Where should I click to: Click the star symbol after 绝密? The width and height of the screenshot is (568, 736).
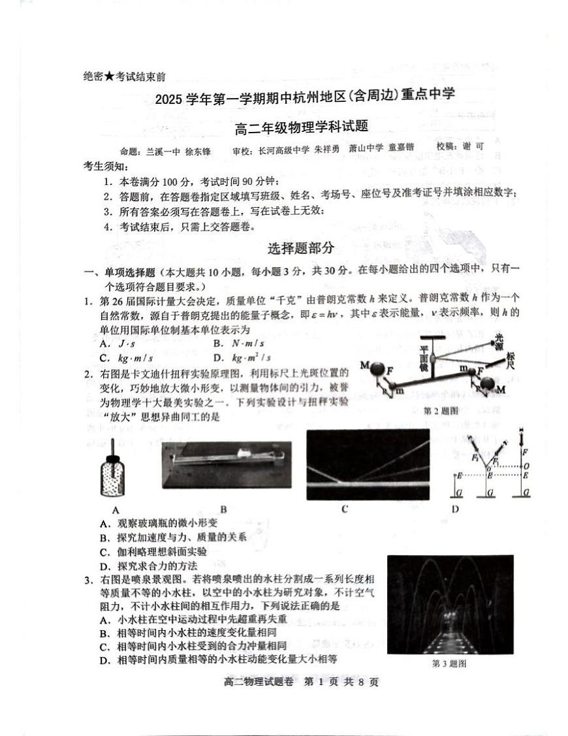click(x=110, y=76)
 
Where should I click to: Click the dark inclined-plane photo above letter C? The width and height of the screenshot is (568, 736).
click(x=368, y=464)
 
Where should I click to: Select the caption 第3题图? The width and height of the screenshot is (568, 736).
click(x=449, y=664)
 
